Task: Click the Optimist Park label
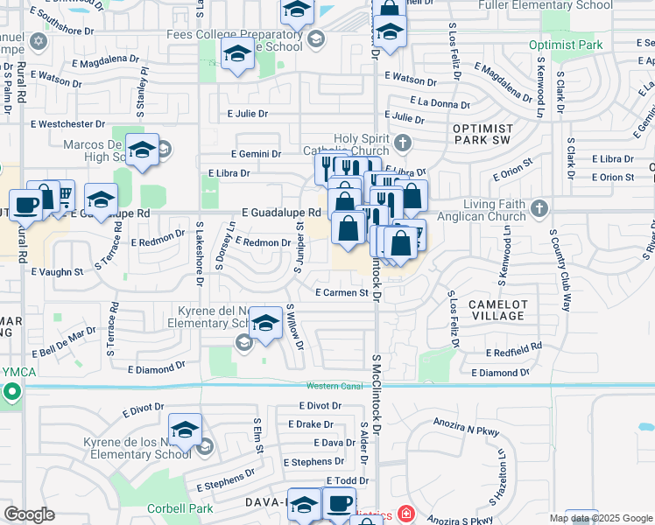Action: tap(566, 45)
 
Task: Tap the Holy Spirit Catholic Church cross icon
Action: tap(402, 142)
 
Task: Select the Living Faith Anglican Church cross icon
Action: tap(539, 208)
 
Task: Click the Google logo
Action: tap(29, 514)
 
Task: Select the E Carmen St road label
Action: tap(342, 293)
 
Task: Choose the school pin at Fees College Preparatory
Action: tap(236, 53)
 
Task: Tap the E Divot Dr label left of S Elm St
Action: tap(144, 409)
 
